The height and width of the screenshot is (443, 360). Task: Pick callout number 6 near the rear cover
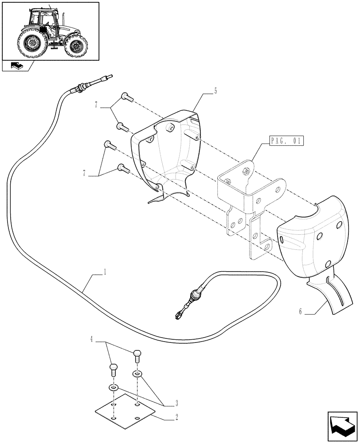[300, 311]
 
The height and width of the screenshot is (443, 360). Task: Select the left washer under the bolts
[114, 388]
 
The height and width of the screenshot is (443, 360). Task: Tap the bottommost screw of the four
[123, 168]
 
